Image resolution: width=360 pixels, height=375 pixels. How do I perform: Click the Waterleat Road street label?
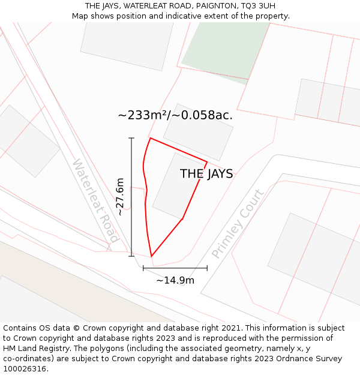[x=95, y=200]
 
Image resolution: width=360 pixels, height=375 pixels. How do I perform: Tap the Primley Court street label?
[x=238, y=224]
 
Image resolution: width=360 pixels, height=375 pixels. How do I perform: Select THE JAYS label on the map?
[x=206, y=174]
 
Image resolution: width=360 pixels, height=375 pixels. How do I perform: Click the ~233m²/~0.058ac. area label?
[x=175, y=115]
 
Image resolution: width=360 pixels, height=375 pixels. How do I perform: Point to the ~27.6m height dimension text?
[x=120, y=197]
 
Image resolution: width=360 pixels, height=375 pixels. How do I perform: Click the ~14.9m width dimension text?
[x=175, y=280]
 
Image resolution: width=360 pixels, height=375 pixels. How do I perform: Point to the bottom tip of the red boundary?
[x=151, y=256]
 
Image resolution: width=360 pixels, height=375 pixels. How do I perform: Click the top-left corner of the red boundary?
[x=150, y=138]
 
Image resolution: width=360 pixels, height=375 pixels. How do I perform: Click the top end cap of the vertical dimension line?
[x=131, y=139]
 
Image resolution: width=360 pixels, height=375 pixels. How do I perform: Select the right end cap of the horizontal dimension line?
[x=207, y=268]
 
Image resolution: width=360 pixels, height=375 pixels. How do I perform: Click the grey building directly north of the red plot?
[x=198, y=132]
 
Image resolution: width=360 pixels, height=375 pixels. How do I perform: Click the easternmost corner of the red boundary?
[x=207, y=161]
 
